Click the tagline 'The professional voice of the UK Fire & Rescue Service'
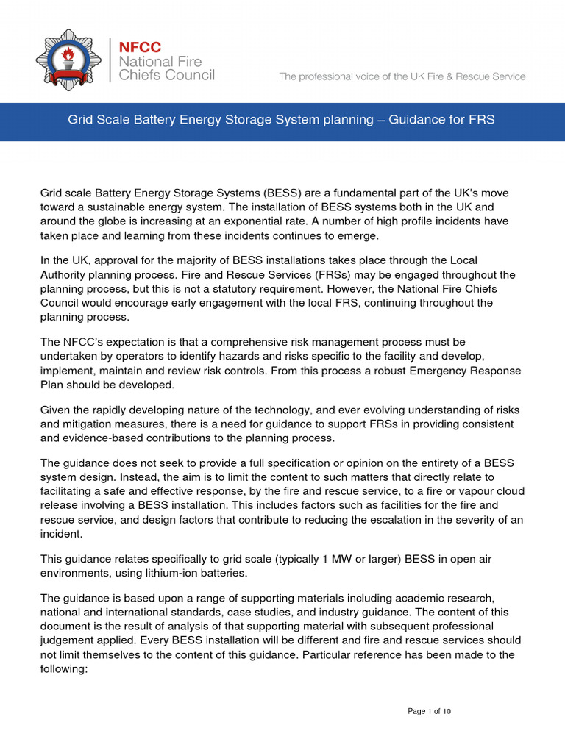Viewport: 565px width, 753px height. click(x=402, y=76)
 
